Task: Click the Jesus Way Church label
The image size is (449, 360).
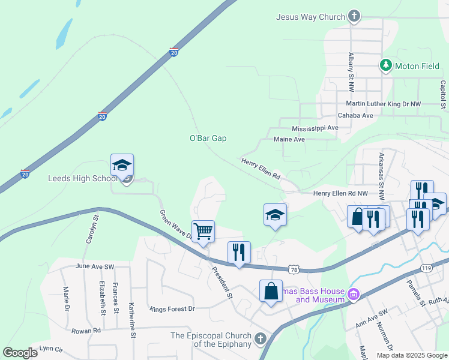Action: (310, 17)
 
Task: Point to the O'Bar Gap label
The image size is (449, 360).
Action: (208, 138)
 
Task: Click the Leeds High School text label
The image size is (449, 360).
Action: (83, 178)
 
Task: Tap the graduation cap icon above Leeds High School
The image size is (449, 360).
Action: (122, 165)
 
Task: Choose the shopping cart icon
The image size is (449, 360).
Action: (203, 230)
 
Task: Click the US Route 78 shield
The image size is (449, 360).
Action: (294, 271)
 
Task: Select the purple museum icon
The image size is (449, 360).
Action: (354, 295)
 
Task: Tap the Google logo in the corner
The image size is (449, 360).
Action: (20, 353)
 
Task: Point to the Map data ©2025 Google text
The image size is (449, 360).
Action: (411, 355)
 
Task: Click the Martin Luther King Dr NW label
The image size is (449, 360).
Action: (384, 104)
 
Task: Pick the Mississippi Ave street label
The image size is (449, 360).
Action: (315, 128)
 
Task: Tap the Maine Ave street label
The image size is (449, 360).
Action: (289, 139)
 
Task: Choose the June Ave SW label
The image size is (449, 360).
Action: (95, 265)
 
